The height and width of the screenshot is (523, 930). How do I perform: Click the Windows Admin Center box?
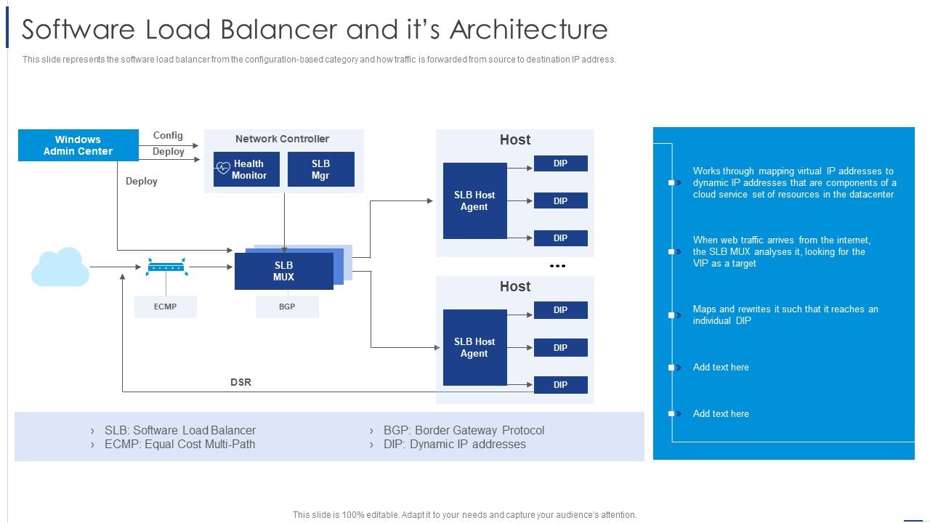[x=78, y=145]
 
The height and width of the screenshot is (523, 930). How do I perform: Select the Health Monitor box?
[x=246, y=169]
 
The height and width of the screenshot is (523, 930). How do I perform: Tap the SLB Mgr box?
[x=320, y=169]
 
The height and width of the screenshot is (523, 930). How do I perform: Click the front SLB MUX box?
[x=283, y=271]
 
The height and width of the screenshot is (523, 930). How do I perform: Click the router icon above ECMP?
[x=166, y=267]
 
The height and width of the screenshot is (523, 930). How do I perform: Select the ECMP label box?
[x=165, y=307]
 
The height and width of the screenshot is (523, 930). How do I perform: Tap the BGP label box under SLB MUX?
[x=287, y=307]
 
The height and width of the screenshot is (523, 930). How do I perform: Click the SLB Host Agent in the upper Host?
[x=474, y=200]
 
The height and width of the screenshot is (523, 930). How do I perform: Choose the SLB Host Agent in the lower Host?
[x=474, y=347]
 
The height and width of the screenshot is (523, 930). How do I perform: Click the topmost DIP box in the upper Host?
[x=560, y=163]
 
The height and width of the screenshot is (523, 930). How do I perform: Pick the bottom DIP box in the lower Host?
[x=560, y=385]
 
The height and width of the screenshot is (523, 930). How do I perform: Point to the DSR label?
[x=240, y=382]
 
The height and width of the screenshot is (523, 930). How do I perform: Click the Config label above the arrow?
[x=168, y=135]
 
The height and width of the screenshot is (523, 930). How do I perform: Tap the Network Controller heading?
[x=282, y=139]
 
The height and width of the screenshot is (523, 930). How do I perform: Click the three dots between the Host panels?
[x=557, y=266]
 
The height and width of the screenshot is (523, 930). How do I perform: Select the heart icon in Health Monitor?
[x=223, y=169]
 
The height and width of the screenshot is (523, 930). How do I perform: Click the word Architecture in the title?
[x=528, y=30]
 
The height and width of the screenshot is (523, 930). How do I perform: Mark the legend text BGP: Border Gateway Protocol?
[x=464, y=430]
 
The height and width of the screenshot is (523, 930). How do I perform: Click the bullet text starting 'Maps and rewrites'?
[x=785, y=315]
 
